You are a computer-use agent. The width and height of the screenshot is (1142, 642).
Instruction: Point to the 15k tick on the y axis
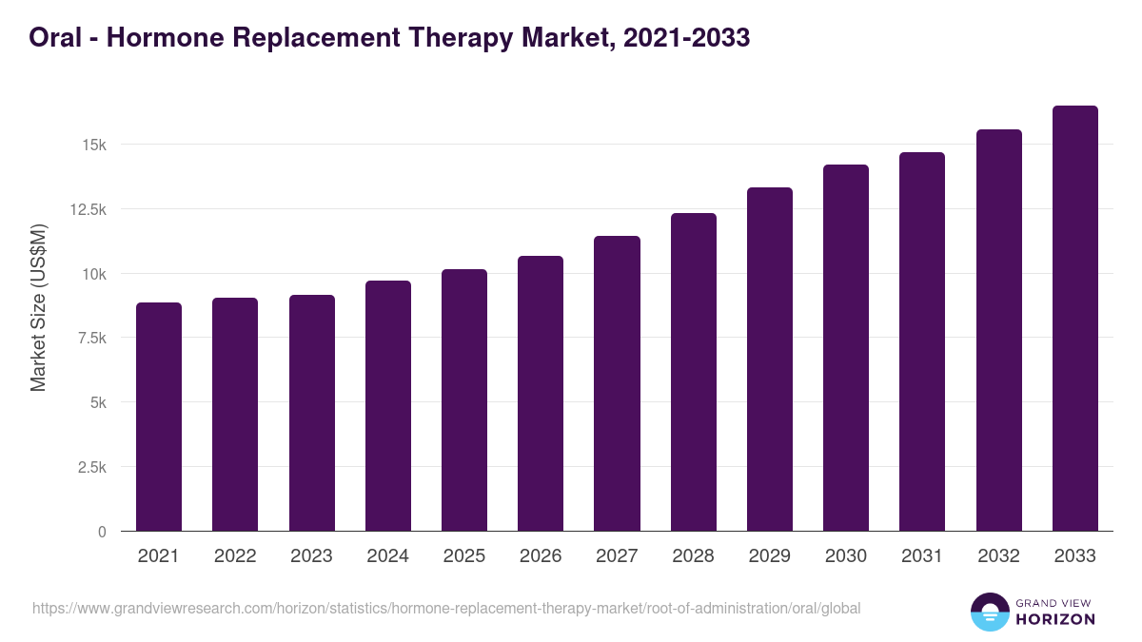(94, 145)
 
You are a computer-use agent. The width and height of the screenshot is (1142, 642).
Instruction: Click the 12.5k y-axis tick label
(87, 209)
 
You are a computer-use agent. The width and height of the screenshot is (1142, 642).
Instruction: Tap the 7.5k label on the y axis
(90, 338)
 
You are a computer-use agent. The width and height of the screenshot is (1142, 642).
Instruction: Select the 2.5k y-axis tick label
(90, 467)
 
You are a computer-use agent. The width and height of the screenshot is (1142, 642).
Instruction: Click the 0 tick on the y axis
(102, 532)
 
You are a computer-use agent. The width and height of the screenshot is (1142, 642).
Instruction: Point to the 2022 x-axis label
(235, 556)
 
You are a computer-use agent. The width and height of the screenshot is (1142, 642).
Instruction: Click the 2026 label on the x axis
(541, 556)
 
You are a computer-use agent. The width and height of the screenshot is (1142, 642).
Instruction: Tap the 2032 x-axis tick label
(998, 556)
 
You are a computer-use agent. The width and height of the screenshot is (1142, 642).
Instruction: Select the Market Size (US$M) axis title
(38, 307)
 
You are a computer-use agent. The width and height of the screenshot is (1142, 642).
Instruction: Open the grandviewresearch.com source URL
(446, 608)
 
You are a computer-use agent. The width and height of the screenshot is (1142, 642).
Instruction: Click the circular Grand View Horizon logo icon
(990, 612)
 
